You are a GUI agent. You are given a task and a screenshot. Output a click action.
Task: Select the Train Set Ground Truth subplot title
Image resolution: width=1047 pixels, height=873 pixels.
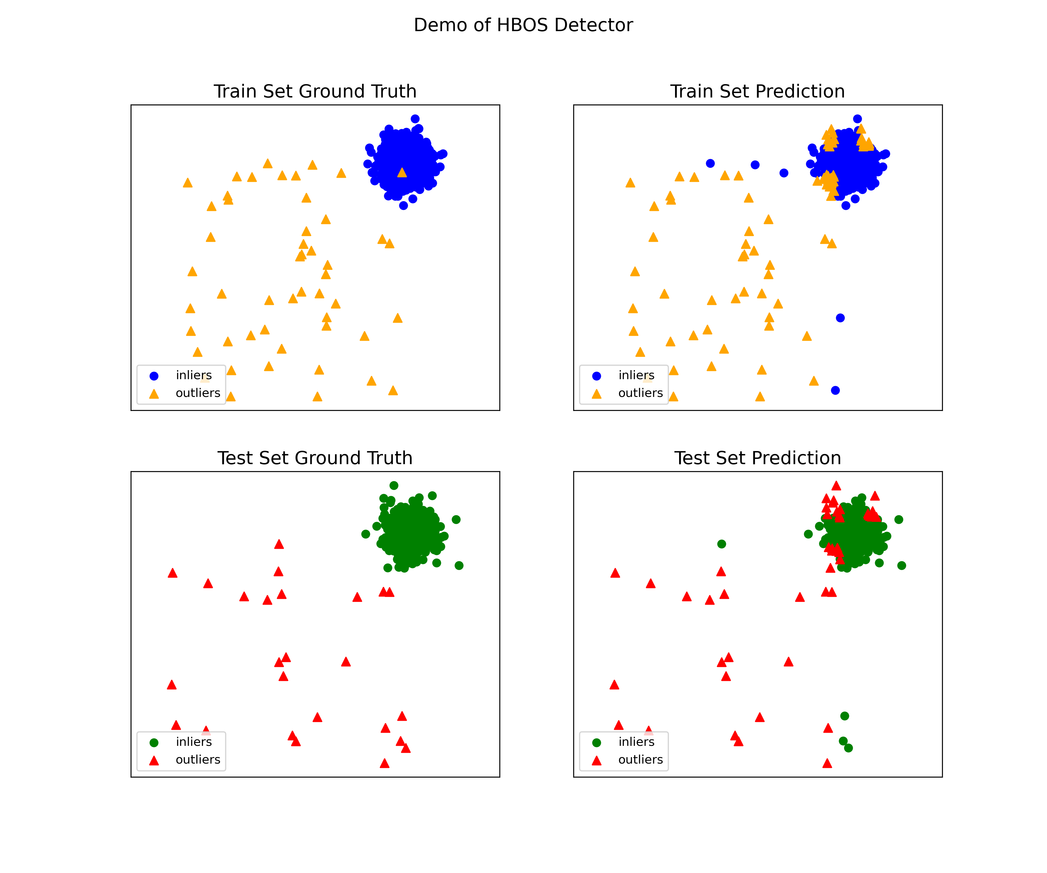[x=315, y=91]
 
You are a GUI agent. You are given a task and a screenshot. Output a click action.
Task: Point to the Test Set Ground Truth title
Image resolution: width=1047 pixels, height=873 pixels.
[x=315, y=458]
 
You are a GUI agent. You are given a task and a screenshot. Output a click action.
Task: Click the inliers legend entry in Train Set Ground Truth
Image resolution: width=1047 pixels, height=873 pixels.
[x=193, y=375]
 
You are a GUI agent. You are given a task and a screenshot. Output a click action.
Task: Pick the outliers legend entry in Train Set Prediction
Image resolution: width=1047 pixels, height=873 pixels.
[x=640, y=393]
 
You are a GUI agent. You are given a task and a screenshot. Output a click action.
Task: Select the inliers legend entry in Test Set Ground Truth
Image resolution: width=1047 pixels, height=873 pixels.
[x=193, y=742]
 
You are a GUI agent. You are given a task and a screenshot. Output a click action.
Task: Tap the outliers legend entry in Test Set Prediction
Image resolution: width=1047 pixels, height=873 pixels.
[x=640, y=759]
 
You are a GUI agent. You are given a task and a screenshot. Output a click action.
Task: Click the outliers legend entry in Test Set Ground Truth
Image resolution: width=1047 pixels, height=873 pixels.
[x=197, y=759]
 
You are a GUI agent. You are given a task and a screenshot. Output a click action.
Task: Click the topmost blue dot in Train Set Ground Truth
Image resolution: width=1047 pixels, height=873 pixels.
[x=415, y=119]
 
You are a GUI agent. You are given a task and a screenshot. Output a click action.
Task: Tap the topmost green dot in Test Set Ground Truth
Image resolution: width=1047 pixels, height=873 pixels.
[x=393, y=485]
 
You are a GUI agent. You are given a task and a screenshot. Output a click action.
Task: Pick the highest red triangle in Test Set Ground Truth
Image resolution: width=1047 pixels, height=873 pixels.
[x=279, y=544]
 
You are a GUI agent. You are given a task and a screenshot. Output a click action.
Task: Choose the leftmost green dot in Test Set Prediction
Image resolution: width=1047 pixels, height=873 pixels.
[x=722, y=544]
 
